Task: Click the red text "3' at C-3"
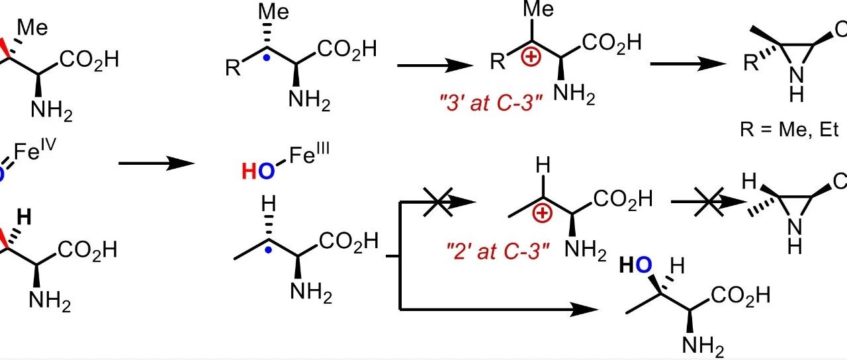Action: (x=491, y=103)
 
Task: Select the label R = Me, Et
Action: (x=789, y=130)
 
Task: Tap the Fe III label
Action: (x=309, y=154)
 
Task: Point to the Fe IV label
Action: (x=35, y=150)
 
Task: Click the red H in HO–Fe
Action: (x=249, y=171)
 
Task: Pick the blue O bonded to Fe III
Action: (x=266, y=171)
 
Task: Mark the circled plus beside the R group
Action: (x=531, y=57)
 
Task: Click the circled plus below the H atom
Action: (x=542, y=213)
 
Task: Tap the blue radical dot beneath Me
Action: (x=267, y=58)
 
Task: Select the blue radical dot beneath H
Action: (x=268, y=250)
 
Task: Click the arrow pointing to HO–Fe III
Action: (x=157, y=163)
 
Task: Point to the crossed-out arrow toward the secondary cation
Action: (x=438, y=202)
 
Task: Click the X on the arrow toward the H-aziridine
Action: (x=709, y=202)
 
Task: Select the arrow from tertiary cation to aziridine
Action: (x=688, y=64)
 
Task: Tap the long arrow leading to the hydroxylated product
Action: (x=499, y=310)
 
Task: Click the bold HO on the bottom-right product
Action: (x=636, y=265)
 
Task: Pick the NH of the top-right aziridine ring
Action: (x=796, y=84)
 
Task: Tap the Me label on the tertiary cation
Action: (x=539, y=9)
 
